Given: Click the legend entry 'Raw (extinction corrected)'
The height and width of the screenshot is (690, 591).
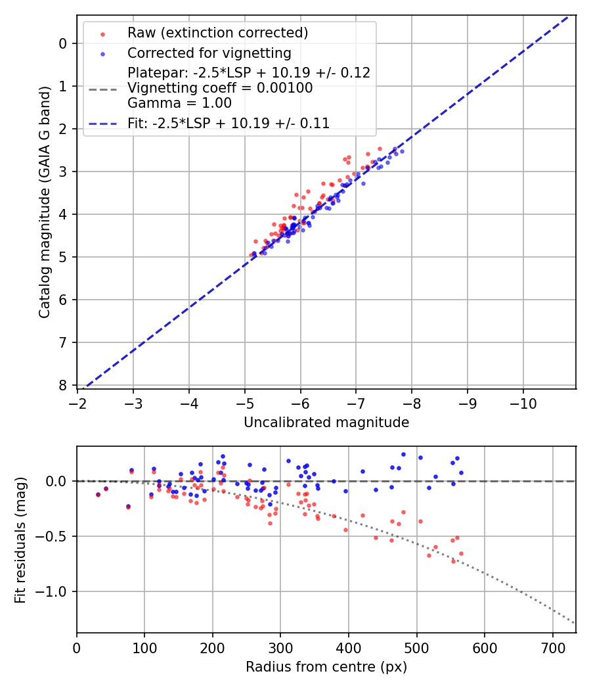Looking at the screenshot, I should click(217, 33).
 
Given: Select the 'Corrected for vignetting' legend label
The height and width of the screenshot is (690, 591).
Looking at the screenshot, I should click(209, 53).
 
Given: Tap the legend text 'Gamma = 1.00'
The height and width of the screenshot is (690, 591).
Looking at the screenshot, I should click(179, 103).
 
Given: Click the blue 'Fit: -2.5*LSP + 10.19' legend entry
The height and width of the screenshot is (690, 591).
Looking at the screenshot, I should click(229, 123).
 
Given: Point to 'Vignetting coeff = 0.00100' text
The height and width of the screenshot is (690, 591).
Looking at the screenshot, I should click(220, 88).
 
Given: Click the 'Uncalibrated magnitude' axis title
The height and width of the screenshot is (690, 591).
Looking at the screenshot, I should click(326, 423).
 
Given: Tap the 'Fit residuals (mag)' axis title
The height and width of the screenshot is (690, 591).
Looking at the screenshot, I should click(20, 540).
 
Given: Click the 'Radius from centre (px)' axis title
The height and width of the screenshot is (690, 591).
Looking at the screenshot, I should click(326, 667).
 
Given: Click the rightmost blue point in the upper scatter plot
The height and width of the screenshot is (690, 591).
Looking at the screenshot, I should click(402, 151).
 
